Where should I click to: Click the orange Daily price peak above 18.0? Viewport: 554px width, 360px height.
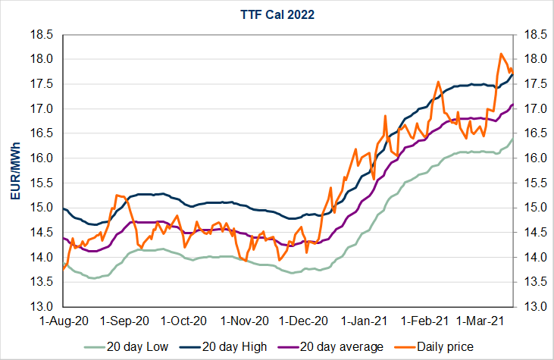[501, 54]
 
